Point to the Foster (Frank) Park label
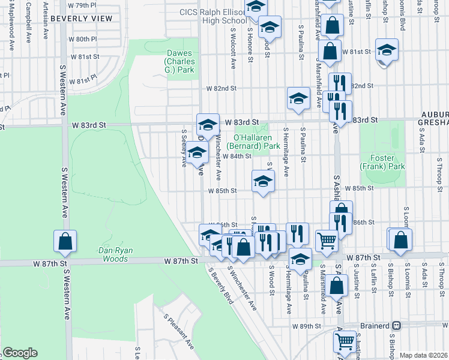tap(382, 162)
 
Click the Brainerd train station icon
tap(396, 325)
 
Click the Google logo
tap(19, 353)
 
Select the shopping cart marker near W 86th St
tap(327, 240)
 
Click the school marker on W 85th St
tap(262, 181)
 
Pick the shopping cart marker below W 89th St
tap(345, 340)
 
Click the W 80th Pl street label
tap(83, 39)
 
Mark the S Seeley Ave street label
tap(184, 150)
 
